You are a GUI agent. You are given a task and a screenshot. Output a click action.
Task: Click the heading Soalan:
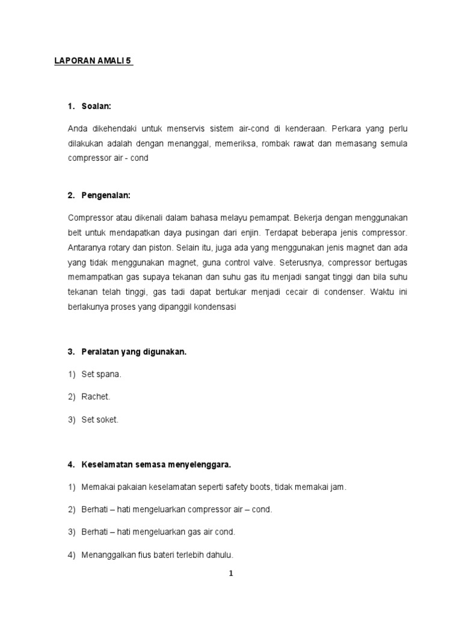coord(97,107)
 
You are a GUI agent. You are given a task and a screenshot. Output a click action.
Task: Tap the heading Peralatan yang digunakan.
coord(134,351)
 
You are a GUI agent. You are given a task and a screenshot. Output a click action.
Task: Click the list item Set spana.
coord(102,374)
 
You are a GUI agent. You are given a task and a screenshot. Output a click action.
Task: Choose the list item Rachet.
coord(96,397)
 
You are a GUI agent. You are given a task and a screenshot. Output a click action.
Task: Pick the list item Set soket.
coord(100,420)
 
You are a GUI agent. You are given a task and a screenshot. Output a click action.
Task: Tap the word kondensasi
coord(215,307)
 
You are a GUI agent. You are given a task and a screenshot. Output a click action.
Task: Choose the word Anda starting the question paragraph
coord(79,128)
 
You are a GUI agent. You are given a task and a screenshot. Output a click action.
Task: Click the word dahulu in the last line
coord(219,555)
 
